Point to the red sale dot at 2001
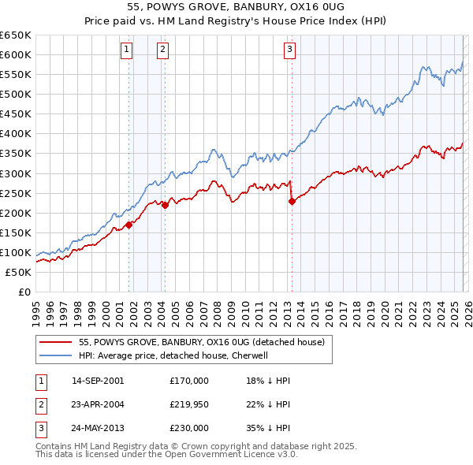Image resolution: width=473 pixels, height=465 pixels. tap(128, 225)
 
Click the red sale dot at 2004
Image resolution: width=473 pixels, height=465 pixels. tap(165, 205)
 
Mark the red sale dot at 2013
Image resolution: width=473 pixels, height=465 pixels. tap(292, 201)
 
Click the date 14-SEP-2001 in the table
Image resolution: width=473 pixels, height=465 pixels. tap(97, 381)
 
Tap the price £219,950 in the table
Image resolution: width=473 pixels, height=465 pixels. tap(189, 404)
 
